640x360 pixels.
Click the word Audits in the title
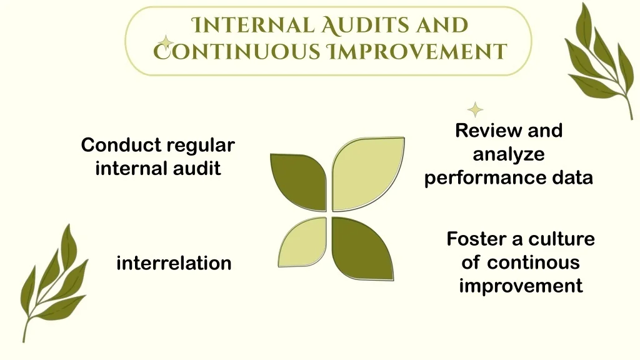[365, 25]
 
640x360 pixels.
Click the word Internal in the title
[253, 25]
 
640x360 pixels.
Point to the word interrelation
[174, 263]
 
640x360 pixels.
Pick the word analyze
[509, 155]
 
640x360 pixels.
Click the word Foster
[477, 239]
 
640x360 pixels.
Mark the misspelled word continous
[534, 262]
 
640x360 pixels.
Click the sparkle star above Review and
[475, 110]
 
